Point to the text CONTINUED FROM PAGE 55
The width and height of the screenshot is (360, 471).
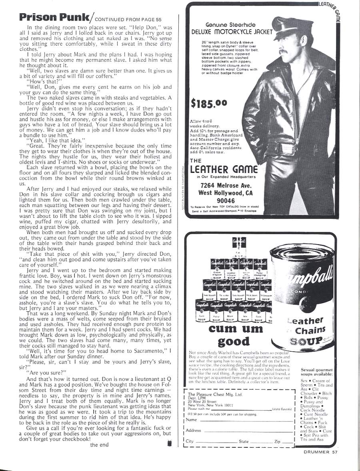128,18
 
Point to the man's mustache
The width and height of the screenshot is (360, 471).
285,52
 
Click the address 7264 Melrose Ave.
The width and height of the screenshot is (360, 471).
225,185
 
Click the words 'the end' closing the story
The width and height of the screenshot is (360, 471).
99,444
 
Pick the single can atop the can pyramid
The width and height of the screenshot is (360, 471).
236,249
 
